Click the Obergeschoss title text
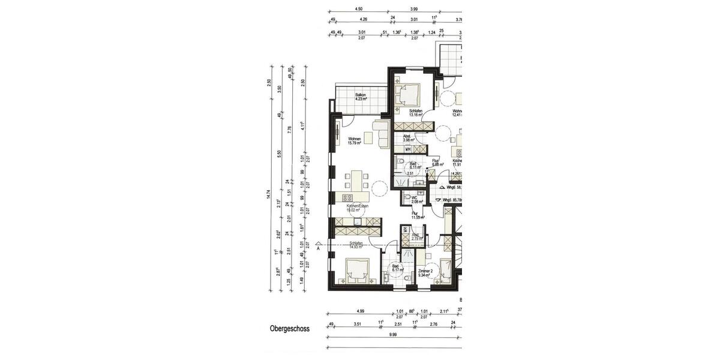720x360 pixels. pyautogui.click(x=289, y=329)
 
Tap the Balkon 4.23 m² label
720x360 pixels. pyautogui.click(x=360, y=97)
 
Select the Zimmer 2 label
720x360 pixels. pyautogui.click(x=426, y=272)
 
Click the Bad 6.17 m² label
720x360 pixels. pyautogui.click(x=395, y=268)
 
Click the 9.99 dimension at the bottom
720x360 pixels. pyautogui.click(x=393, y=334)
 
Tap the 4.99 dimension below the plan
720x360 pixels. pyautogui.click(x=361, y=311)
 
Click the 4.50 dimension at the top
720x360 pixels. pyautogui.click(x=359, y=9)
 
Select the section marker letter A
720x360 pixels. pyautogui.click(x=319, y=247)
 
